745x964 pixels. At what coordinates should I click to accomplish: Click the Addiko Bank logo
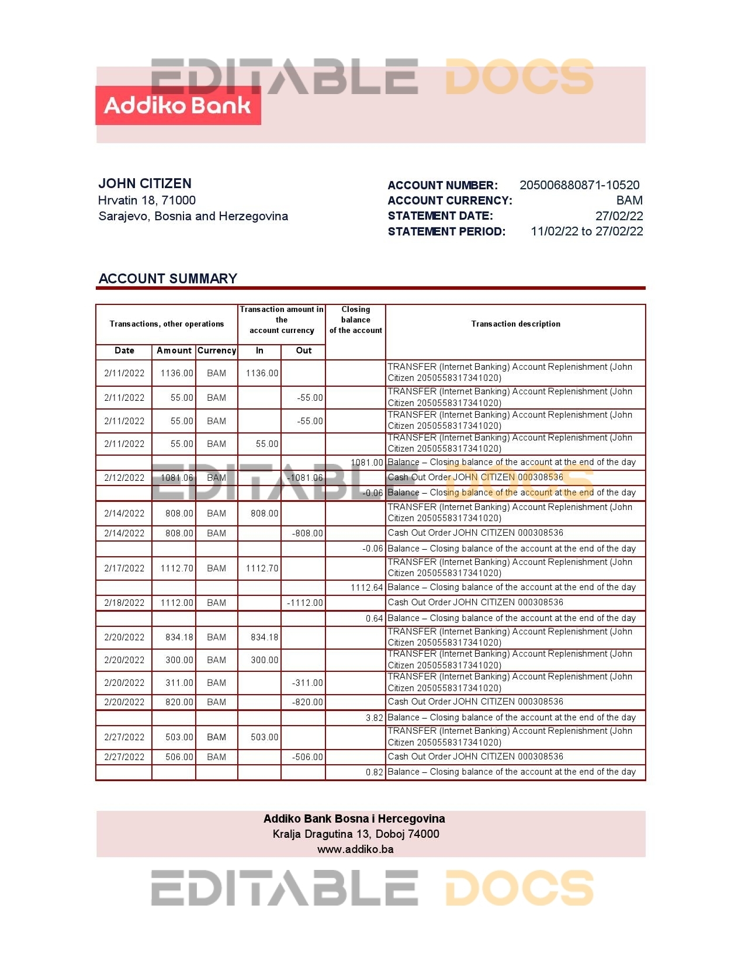point(178,106)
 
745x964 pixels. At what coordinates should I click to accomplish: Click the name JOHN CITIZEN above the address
point(145,183)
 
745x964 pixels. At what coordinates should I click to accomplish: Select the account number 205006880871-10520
point(579,185)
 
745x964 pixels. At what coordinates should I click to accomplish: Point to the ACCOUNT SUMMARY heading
point(168,279)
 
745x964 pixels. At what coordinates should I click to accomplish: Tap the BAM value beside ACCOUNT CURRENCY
point(629,200)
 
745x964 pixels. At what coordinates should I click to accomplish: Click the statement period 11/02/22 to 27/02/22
point(587,231)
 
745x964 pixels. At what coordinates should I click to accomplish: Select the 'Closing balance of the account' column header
point(355,320)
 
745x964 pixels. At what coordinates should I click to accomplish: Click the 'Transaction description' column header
point(515,324)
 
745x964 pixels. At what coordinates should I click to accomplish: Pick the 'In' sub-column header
point(259,351)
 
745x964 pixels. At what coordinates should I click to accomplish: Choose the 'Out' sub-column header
point(304,351)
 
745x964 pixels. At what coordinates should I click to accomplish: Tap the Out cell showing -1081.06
point(305,478)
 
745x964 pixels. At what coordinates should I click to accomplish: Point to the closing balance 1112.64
point(367,588)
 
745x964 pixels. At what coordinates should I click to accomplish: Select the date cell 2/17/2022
point(124,568)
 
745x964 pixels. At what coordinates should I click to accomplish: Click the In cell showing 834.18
point(264,637)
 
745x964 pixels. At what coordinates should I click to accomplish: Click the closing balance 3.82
point(375,718)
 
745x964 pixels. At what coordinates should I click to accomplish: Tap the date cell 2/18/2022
point(124,603)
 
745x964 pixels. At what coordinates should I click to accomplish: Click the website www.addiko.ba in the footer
point(355,849)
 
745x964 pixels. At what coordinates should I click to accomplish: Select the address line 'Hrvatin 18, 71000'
point(147,200)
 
